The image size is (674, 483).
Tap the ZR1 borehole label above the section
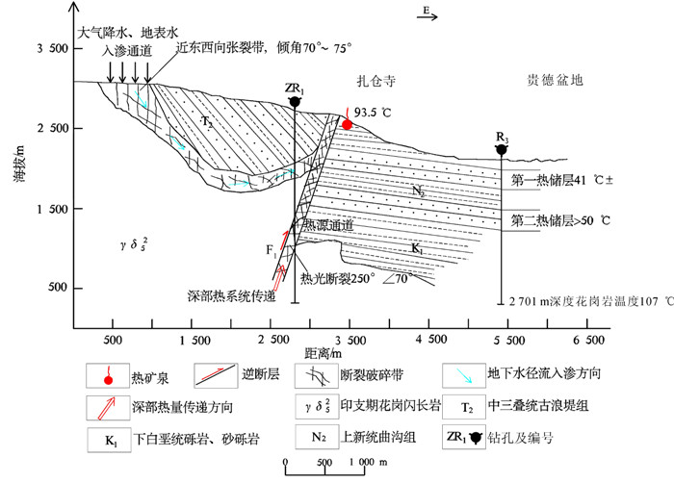(295, 88)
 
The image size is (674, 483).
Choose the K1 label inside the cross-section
(417, 248)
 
